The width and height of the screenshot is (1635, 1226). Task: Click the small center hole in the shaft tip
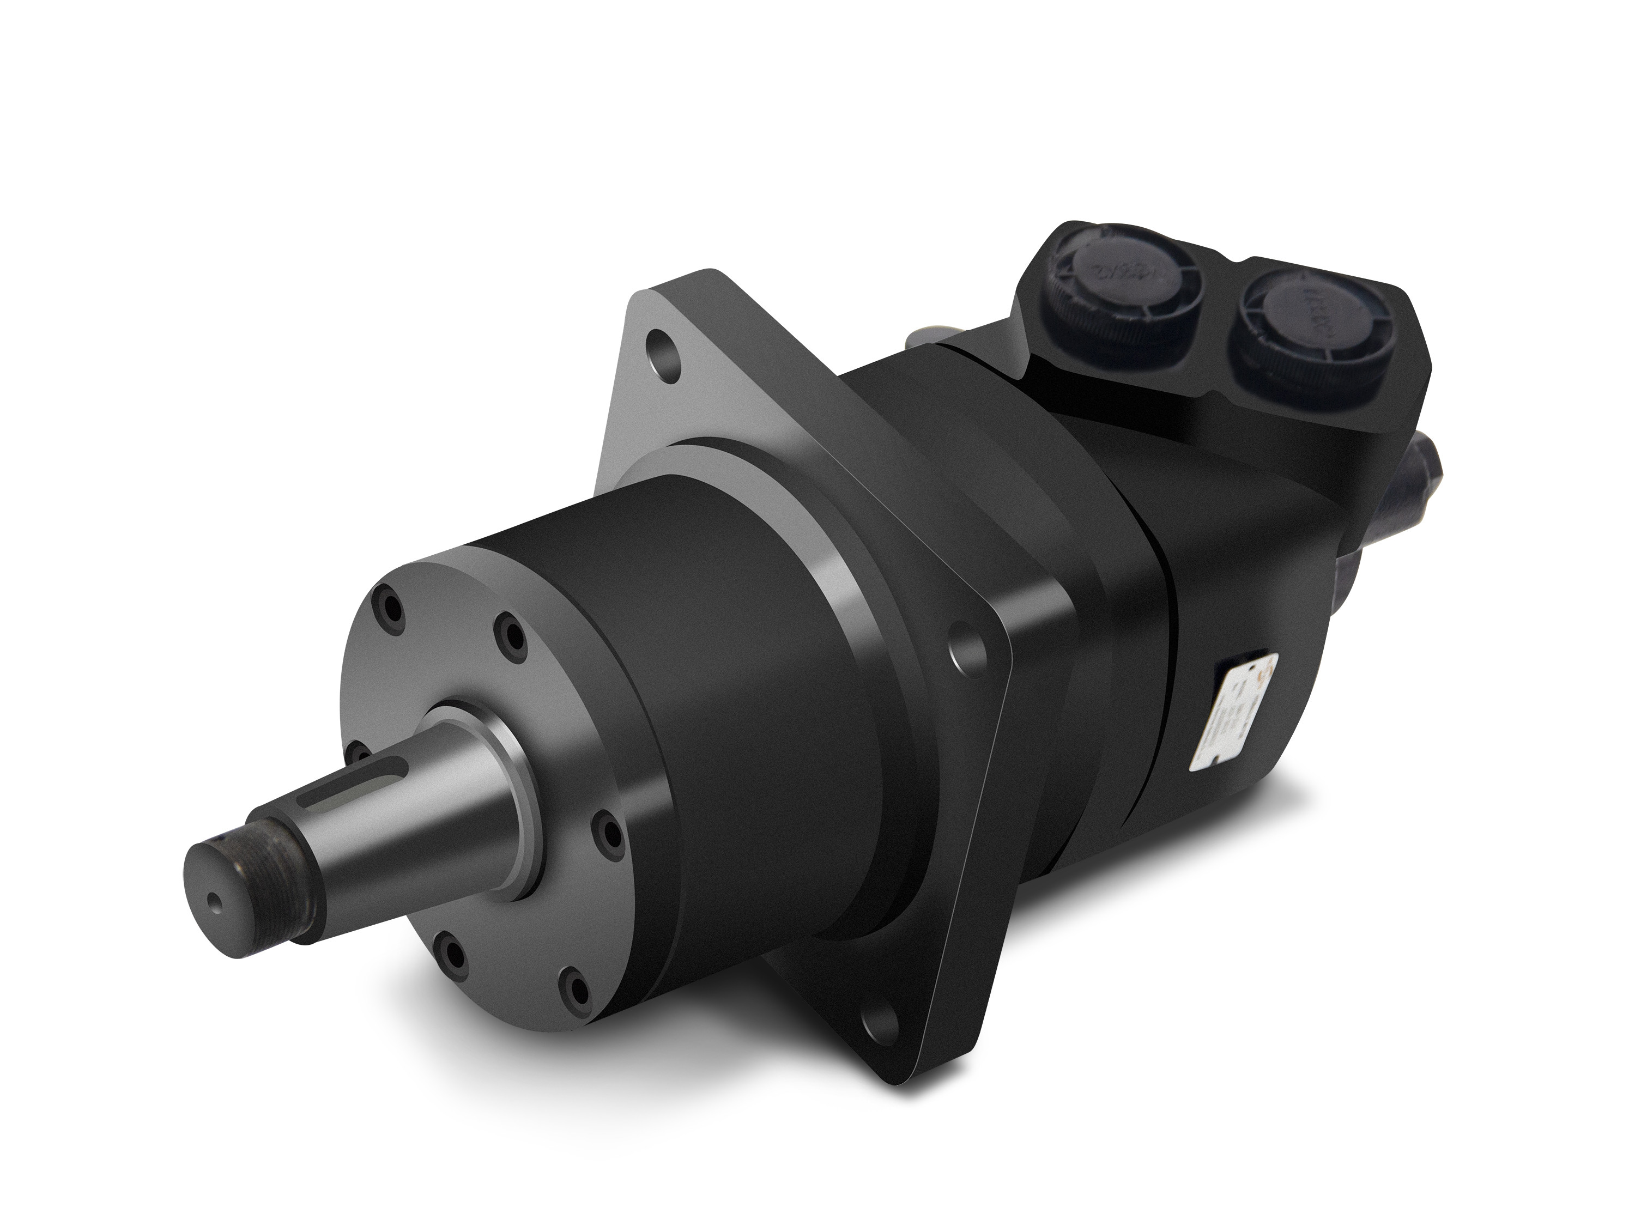[214, 901]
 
